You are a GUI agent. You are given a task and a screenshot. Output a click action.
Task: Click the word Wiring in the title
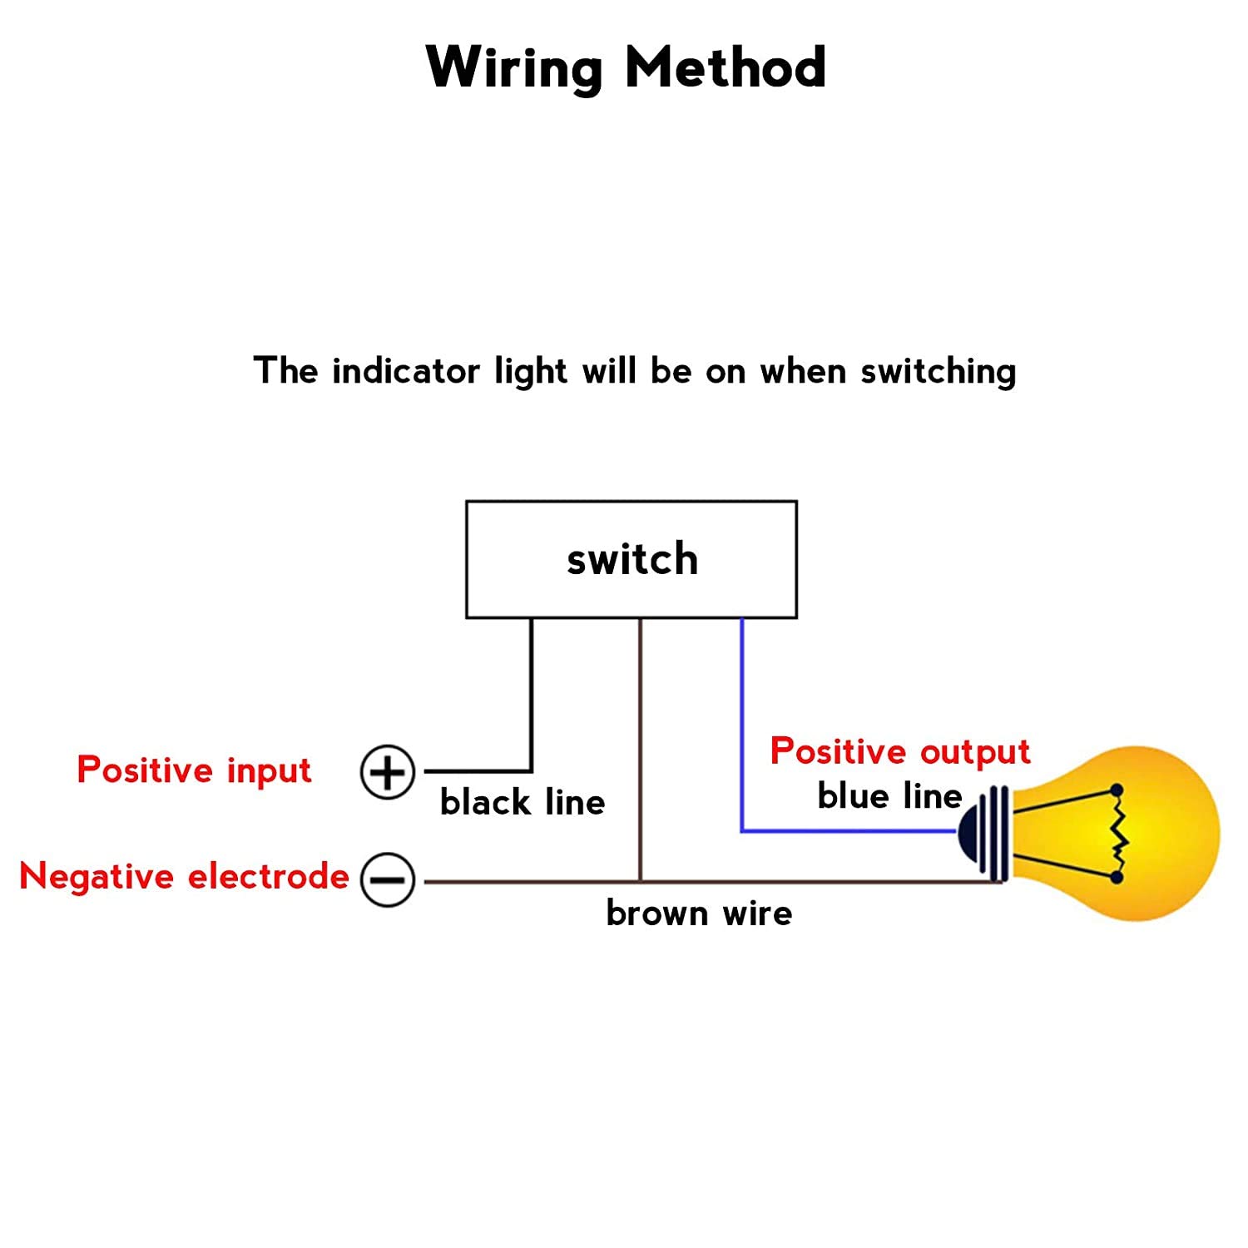pos(513,68)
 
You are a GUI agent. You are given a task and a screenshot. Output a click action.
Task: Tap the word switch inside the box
pos(632,559)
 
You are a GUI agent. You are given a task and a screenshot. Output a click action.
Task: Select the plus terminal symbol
pos(387,772)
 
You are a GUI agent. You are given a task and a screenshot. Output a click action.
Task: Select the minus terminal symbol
pos(387,879)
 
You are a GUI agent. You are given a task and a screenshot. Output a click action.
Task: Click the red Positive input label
pos(194,770)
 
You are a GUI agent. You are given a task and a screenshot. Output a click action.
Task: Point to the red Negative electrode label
pos(184,876)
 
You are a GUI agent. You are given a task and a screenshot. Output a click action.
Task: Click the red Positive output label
pos(900,751)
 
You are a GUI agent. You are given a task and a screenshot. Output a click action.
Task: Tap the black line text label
pos(522,802)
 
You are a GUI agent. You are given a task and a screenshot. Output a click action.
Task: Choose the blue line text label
pos(889,796)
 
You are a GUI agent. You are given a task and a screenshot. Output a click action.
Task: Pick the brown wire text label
pos(699,913)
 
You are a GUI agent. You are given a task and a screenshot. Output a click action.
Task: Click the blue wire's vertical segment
pos(742,724)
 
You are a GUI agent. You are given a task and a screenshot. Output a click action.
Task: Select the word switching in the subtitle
pos(938,372)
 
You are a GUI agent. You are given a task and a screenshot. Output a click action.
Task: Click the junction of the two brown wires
pos(640,880)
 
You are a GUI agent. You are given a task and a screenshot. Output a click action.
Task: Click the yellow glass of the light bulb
pos(1165,832)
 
